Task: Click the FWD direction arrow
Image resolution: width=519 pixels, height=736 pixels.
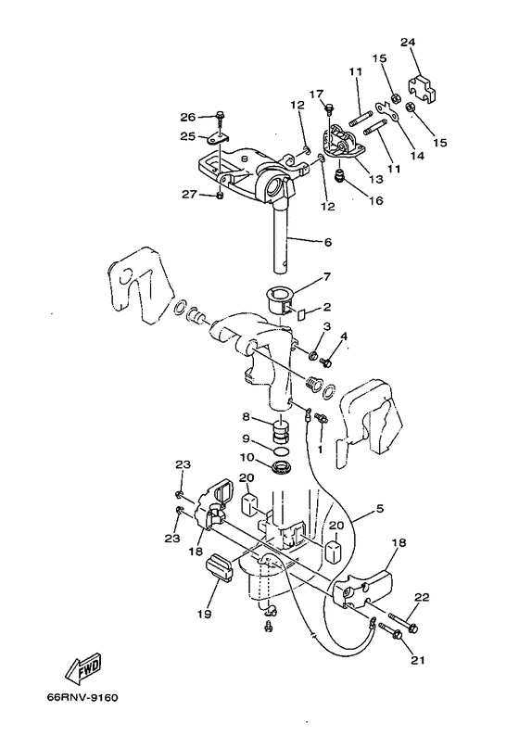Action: click(x=84, y=667)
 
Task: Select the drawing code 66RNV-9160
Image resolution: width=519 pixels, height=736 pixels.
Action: click(x=82, y=697)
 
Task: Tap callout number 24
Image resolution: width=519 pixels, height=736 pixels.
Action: click(x=408, y=43)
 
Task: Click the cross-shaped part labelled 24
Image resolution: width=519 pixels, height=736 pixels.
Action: click(x=422, y=89)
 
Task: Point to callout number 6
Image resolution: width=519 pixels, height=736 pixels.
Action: click(x=327, y=242)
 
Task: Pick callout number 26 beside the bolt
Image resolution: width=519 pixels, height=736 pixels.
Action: click(x=188, y=117)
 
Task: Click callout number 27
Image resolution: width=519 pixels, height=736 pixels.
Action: click(x=189, y=194)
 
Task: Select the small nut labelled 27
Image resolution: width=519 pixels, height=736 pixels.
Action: click(x=220, y=196)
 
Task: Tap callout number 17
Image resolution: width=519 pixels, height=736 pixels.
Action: click(x=316, y=94)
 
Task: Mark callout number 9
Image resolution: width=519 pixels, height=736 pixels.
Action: click(x=247, y=439)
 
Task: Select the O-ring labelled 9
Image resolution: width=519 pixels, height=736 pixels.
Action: click(x=281, y=451)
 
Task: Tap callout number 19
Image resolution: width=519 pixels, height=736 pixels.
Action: click(x=205, y=614)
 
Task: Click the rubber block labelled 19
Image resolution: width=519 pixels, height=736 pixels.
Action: click(x=219, y=566)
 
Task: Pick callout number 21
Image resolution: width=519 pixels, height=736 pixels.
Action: click(x=417, y=660)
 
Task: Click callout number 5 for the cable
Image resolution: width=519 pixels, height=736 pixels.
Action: click(x=380, y=508)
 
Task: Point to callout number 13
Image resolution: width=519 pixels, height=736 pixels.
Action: click(x=376, y=179)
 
